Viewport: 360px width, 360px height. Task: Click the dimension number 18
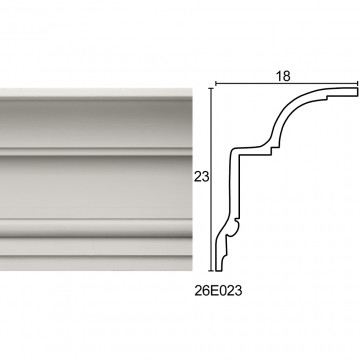(283, 76)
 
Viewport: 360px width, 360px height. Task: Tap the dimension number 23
(202, 177)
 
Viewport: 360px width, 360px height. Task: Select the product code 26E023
(218, 291)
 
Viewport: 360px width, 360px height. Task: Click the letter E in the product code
(214, 291)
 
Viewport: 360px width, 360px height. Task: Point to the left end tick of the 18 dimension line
(216, 83)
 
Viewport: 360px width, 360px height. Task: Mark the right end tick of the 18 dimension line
(358, 83)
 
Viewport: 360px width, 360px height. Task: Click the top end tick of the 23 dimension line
(211, 88)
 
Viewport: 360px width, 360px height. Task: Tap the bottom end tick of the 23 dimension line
(211, 271)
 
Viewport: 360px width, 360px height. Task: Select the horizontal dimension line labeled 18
(287, 83)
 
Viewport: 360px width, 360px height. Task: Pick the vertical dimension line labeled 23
(211, 180)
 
